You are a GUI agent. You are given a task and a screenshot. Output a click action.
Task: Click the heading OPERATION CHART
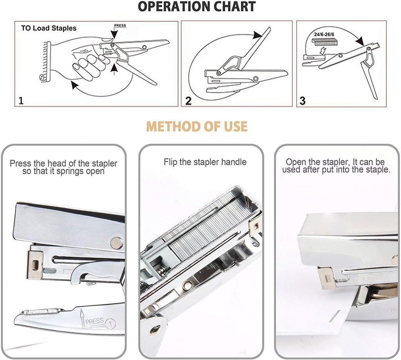pos(197,7)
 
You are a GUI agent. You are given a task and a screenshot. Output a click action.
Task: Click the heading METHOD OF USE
pos(197,127)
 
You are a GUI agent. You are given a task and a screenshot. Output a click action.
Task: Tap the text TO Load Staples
pos(49,28)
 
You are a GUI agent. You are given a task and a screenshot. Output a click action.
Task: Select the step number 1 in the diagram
pos(21,100)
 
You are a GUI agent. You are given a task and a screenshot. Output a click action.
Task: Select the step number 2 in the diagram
pos(188,101)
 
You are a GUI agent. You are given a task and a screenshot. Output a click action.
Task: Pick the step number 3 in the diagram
pos(302,101)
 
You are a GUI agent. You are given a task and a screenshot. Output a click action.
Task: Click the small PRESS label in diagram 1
pos(120,26)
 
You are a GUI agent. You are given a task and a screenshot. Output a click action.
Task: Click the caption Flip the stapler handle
pos(205,162)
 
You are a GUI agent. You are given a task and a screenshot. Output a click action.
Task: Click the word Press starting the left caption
pos(20,163)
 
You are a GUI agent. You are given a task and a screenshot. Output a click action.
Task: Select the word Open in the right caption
pos(295,162)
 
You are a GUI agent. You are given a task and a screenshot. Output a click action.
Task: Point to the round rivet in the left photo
pos(116,242)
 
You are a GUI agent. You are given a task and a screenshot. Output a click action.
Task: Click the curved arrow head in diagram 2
pos(257,36)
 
